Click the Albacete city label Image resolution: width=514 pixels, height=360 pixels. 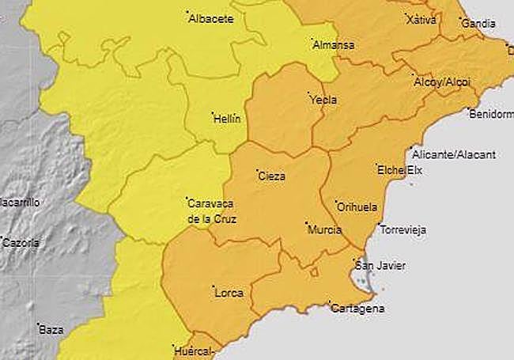(211, 19)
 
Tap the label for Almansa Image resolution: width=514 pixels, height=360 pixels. (333, 45)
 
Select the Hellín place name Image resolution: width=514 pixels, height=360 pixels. (227, 119)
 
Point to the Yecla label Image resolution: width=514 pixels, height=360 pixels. (323, 100)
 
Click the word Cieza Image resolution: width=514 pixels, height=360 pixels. (272, 176)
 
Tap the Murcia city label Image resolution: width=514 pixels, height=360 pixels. (325, 230)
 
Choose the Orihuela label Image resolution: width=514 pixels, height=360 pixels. (357, 207)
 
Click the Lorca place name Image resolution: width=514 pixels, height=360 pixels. (229, 293)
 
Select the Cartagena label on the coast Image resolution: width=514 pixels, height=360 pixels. (359, 309)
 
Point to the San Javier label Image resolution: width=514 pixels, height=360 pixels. (381, 266)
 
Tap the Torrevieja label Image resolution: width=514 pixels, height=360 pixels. (403, 230)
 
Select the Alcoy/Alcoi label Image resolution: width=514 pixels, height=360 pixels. (441, 81)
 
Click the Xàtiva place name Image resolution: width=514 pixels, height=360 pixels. (421, 21)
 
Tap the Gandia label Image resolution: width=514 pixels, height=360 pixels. (478, 25)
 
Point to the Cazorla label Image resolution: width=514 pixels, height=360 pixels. (21, 243)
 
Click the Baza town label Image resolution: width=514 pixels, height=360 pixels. (51, 329)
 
